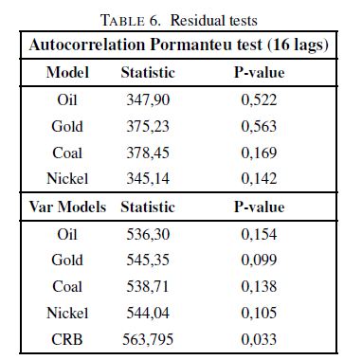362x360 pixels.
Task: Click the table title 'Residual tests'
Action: point(214,21)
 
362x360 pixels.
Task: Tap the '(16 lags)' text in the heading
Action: point(298,45)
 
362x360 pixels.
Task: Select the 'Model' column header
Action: point(67,72)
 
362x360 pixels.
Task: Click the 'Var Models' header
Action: point(67,207)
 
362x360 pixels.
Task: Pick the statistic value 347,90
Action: point(148,100)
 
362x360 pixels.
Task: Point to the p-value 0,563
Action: point(259,127)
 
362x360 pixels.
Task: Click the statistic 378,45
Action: point(148,153)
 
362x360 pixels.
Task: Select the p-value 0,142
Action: point(259,179)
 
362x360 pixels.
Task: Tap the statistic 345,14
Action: point(148,179)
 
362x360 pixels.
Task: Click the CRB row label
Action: point(67,340)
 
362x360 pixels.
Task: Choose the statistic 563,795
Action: point(148,340)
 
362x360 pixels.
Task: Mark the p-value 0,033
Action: point(259,340)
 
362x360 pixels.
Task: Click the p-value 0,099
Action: point(259,261)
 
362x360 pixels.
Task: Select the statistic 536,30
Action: point(148,235)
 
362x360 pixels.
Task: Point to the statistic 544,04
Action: point(148,314)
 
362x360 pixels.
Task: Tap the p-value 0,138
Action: point(259,287)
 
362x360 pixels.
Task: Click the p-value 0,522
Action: point(259,100)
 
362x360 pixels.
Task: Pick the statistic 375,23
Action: point(148,127)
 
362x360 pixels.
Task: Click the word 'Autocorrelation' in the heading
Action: point(87,45)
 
